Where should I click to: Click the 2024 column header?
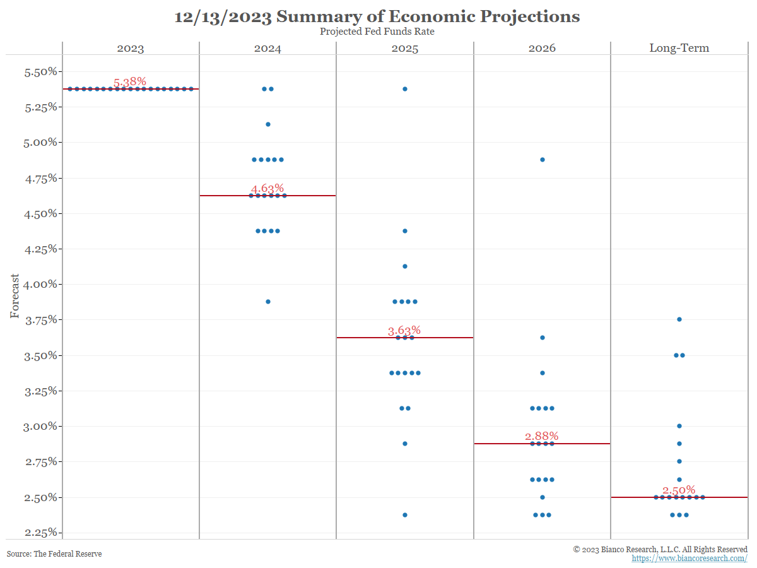point(267,48)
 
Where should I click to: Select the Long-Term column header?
point(679,48)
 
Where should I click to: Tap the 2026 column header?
point(542,48)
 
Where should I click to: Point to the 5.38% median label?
point(130,82)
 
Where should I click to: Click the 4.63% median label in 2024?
point(267,189)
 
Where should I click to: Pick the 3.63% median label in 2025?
point(404,331)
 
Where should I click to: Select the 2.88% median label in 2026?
point(542,437)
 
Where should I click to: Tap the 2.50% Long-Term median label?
point(679,490)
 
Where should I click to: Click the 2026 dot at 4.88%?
point(543,160)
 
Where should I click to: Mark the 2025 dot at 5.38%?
point(405,89)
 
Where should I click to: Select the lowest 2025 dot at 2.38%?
point(405,515)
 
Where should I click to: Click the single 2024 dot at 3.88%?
point(268,302)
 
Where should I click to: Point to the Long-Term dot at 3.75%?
point(679,319)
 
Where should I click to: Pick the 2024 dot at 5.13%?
point(268,124)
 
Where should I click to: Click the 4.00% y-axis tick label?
point(40,285)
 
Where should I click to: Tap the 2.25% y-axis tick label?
point(40,533)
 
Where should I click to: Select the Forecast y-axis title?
point(15,296)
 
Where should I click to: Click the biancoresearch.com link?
point(690,559)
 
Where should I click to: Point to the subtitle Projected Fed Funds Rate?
point(377,32)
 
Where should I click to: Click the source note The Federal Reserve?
point(54,554)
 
